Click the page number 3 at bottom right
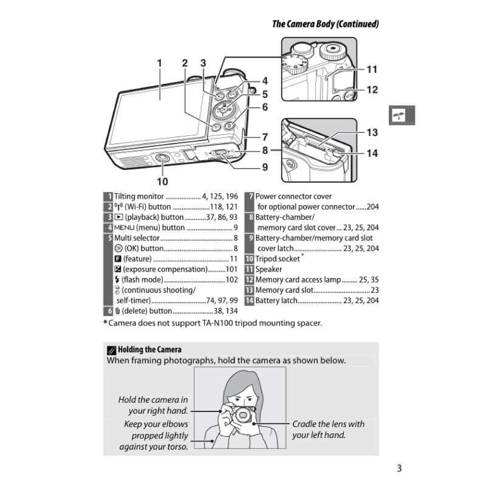pos(399,468)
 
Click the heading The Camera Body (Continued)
pos(325,24)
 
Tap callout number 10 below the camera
pos(162,181)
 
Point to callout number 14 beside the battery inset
pos(372,154)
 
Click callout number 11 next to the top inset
pos(372,70)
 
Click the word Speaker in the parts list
pos(269,269)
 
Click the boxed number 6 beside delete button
pos(108,310)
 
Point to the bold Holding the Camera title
pos(149,349)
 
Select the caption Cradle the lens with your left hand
pos(328,430)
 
